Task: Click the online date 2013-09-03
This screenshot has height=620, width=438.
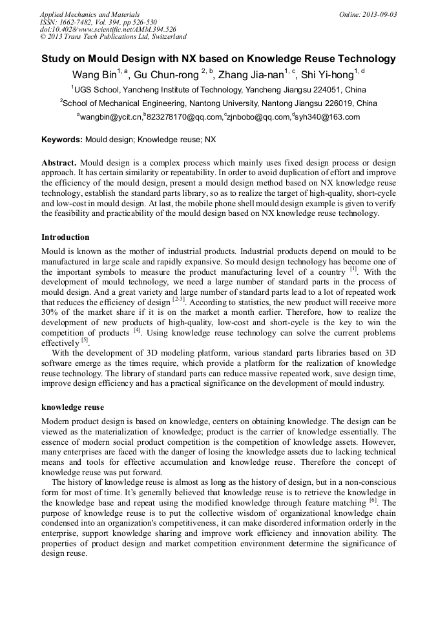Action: point(379,14)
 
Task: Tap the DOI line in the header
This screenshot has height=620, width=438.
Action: point(108,29)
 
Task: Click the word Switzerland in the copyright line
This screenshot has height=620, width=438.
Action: point(167,37)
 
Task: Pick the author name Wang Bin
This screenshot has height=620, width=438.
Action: point(94,74)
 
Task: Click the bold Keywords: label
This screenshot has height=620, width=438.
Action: point(62,139)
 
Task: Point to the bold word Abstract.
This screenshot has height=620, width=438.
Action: point(59,163)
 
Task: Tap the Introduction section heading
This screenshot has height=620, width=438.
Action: point(65,237)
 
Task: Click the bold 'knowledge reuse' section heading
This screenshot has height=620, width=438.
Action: point(72,407)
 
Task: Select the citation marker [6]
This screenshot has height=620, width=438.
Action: point(373,500)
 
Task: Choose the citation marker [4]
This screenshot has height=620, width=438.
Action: point(137,330)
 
